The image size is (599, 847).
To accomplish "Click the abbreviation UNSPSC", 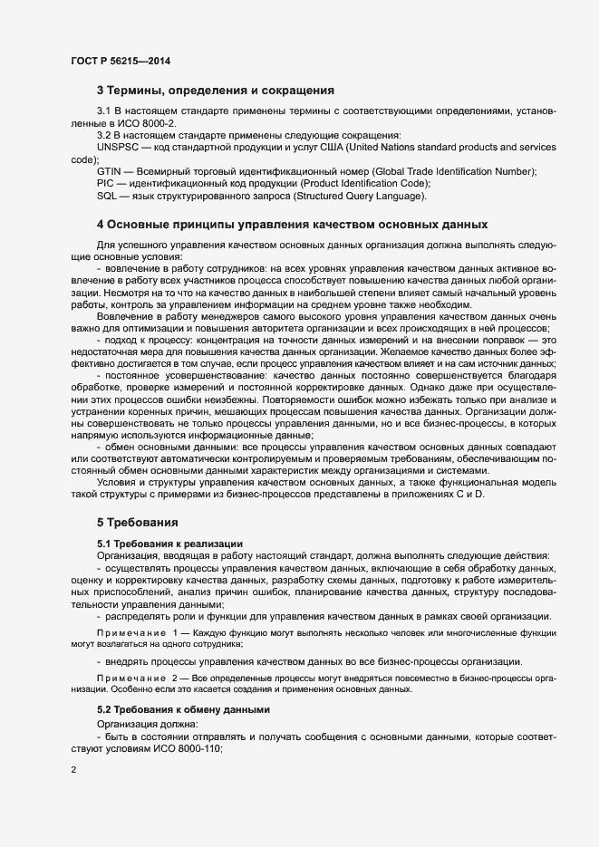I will (118, 148).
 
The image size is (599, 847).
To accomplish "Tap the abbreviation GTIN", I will (109, 171).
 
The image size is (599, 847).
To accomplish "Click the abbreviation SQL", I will (106, 195).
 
